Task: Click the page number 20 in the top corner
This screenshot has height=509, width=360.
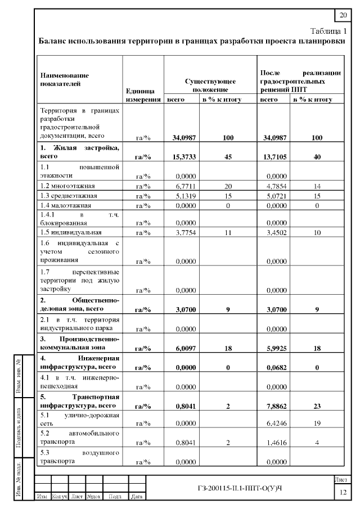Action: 343,15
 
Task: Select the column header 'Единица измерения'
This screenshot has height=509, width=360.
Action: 143,95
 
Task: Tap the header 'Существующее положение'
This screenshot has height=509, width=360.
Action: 210,85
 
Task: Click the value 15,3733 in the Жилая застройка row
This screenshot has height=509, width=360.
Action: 181,157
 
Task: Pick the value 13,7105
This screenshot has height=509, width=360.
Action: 273,157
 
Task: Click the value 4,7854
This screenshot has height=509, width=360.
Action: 273,186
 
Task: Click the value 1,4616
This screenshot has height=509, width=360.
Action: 273,443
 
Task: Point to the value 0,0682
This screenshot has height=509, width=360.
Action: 273,367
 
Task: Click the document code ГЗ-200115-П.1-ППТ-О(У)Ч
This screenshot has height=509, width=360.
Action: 241,485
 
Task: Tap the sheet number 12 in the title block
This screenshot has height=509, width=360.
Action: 343,493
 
